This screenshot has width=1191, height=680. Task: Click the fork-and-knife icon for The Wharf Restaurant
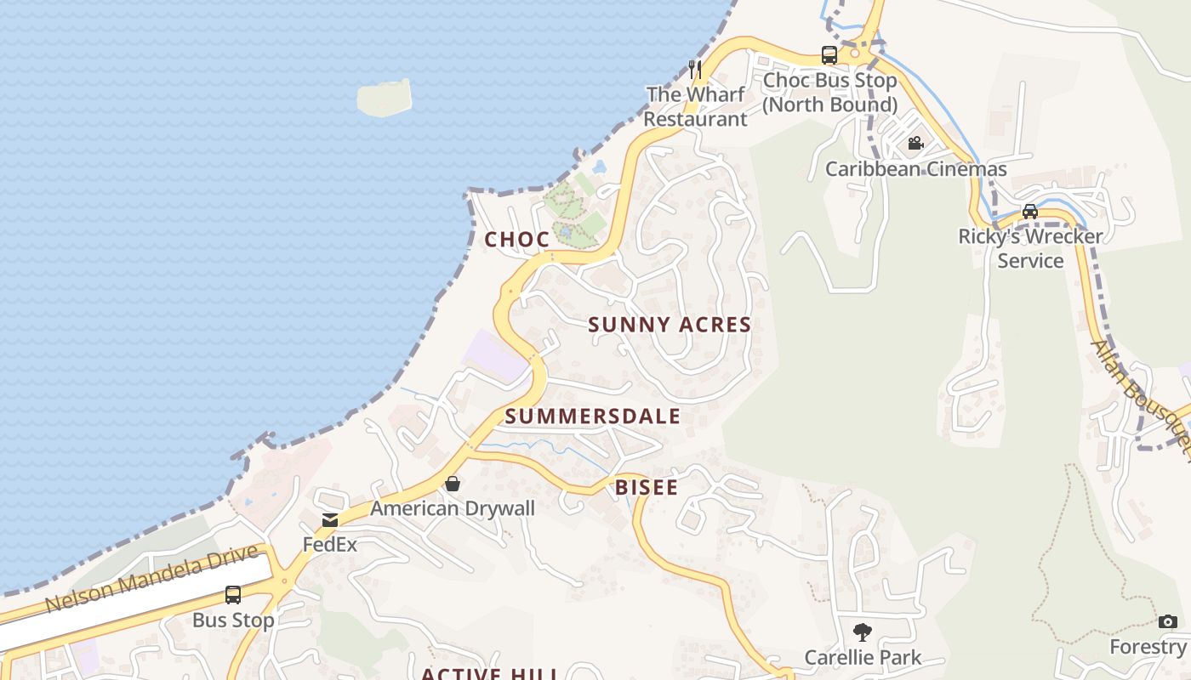click(695, 69)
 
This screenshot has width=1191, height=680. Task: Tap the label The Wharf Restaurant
click(695, 106)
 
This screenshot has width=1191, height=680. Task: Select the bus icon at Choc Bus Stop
click(829, 55)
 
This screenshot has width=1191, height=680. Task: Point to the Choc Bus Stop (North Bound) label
click(829, 93)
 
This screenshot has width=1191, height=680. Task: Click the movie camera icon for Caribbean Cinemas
click(915, 144)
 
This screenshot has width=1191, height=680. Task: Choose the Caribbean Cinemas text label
click(915, 169)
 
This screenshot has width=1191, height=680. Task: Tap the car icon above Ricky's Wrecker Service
click(1029, 211)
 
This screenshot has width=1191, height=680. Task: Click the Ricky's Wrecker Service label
click(1030, 248)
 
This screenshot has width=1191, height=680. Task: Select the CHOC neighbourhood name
click(517, 240)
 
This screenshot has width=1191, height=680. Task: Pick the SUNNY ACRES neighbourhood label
click(670, 325)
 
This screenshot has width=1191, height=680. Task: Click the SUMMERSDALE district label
click(593, 416)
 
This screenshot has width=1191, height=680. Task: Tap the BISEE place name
click(647, 488)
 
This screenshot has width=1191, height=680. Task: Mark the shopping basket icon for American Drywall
click(453, 484)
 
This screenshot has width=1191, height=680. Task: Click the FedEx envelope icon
click(330, 520)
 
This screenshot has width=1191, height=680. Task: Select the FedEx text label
click(330, 544)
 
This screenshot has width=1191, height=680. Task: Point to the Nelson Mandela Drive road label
click(151, 579)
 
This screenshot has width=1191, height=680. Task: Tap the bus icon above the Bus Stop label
click(233, 595)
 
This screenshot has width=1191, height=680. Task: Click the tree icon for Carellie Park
click(863, 632)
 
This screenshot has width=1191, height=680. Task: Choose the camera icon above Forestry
click(1167, 622)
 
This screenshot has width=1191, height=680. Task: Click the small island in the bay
click(385, 98)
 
